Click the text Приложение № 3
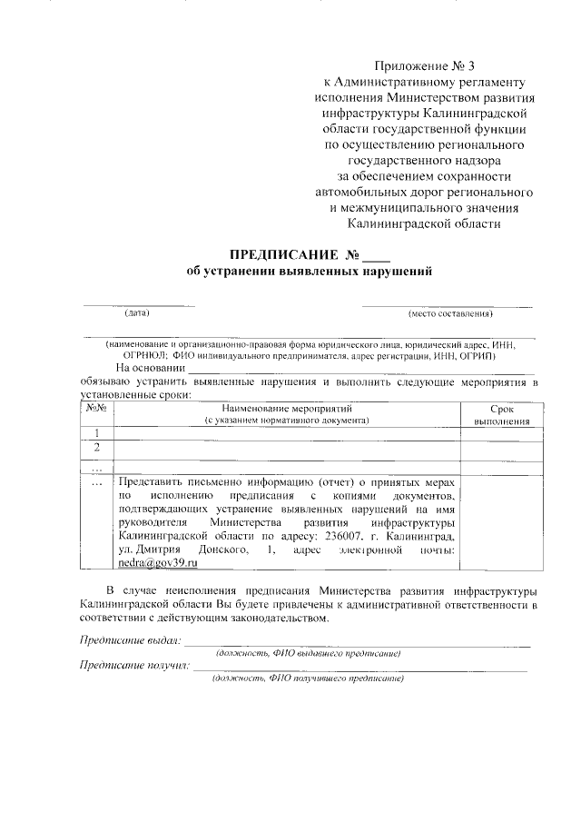click(424, 66)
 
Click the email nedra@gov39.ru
click(158, 563)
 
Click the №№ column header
click(96, 409)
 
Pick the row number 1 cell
click(96, 433)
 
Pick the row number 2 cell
click(96, 448)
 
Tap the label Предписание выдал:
click(130, 640)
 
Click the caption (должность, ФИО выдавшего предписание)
click(308, 653)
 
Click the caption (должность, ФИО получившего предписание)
click(308, 678)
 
